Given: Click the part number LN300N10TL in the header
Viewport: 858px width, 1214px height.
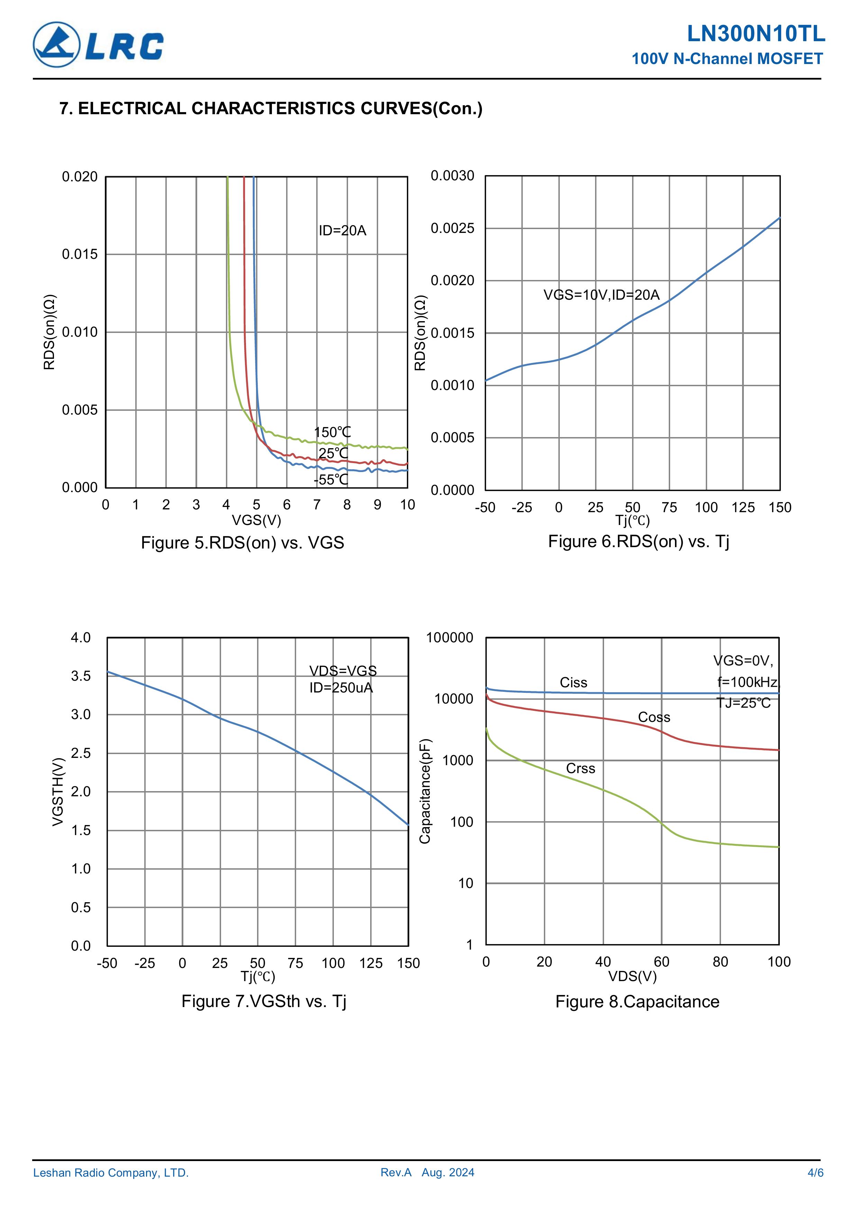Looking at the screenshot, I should (756, 34).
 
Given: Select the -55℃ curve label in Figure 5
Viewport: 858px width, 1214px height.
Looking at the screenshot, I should (331, 480).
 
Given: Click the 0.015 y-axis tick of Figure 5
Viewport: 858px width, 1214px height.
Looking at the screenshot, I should (80, 254).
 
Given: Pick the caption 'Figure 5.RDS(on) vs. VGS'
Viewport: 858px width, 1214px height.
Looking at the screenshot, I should (242, 543).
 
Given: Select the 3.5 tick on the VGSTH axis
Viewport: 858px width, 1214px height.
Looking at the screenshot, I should (81, 676).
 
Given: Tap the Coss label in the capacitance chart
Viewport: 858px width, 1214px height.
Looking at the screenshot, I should (654, 717).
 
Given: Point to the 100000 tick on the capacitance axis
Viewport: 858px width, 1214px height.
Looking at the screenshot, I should (449, 638).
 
